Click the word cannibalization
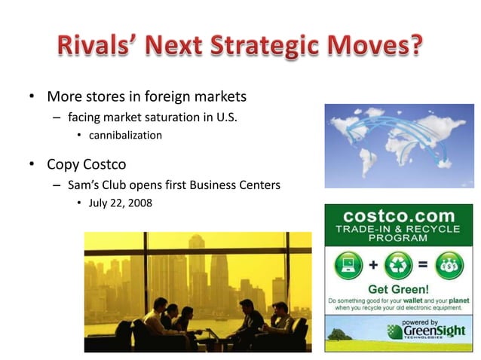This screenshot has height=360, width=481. (125, 136)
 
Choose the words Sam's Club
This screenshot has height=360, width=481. (98, 185)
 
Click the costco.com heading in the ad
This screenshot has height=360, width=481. (399, 215)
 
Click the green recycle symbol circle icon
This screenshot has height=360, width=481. (398, 267)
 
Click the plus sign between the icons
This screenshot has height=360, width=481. (373, 267)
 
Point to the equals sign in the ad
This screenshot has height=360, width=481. (423, 267)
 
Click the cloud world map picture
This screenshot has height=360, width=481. (399, 145)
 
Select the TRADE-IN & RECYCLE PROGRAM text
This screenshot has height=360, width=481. (399, 233)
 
